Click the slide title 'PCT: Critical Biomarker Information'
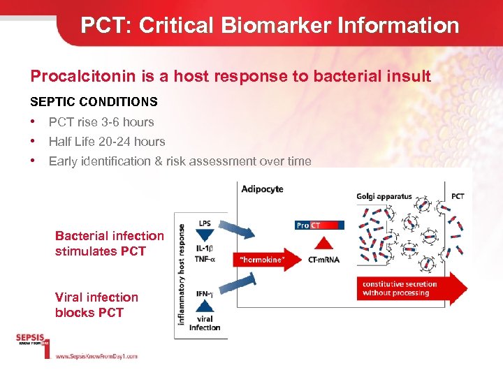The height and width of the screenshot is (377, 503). (270, 26)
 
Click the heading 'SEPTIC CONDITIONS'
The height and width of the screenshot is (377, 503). (94, 102)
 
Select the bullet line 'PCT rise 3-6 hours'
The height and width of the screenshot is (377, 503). (101, 122)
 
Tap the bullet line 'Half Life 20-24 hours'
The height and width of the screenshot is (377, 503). (107, 142)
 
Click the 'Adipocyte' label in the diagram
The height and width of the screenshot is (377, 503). (262, 189)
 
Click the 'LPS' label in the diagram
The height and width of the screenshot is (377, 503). (205, 223)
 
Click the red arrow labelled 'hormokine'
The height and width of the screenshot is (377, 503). (265, 259)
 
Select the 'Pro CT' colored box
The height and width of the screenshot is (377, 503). (319, 225)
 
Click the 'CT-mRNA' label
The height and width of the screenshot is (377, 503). (324, 260)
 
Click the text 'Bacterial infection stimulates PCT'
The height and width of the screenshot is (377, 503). (109, 244)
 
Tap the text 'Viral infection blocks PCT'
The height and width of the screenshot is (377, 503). (96, 305)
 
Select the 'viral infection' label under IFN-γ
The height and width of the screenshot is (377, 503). (205, 323)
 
